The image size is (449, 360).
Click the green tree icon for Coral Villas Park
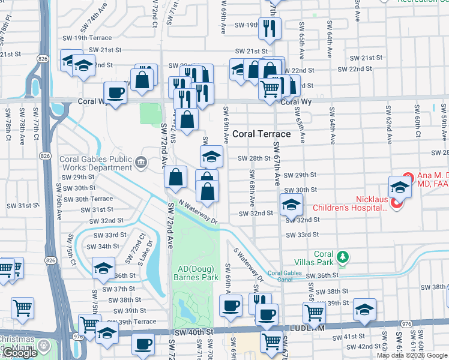pyautogui.click(x=343, y=258)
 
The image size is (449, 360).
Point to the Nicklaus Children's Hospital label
pyautogui.click(x=350, y=202)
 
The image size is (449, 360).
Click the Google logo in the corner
pyautogui.click(x=20, y=353)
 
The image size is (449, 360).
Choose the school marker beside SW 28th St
pyautogui.click(x=211, y=157)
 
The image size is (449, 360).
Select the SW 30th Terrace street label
pyautogui.click(x=85, y=199)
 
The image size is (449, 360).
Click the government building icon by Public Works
pyautogui.click(x=141, y=161)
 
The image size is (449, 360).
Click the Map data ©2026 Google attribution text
pyautogui.click(x=412, y=355)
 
